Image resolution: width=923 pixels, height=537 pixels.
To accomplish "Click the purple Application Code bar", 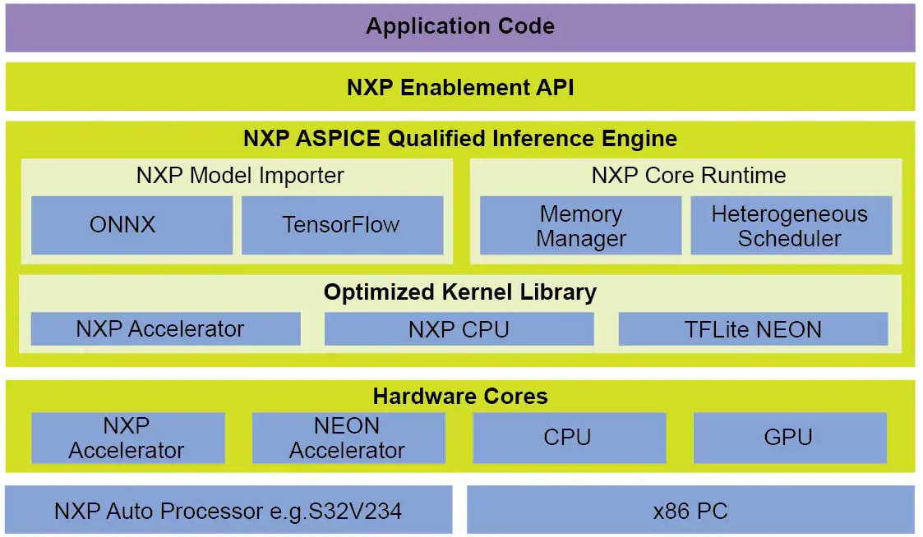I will click(460, 27).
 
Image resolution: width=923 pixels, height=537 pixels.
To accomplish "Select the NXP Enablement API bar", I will click(460, 87).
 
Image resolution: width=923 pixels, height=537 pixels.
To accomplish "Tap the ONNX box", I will click(132, 225).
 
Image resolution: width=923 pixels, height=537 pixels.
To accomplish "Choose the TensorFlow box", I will click(341, 225).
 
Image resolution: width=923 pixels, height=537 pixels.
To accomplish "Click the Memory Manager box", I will click(580, 226).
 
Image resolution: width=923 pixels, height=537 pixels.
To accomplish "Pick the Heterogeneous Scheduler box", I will click(790, 226).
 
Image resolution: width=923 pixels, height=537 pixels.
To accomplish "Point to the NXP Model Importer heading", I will click(240, 176).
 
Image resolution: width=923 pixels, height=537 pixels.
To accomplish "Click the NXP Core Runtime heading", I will click(688, 176).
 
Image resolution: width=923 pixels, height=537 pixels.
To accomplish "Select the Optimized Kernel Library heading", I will click(460, 292).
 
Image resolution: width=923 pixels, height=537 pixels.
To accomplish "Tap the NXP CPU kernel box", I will click(459, 330).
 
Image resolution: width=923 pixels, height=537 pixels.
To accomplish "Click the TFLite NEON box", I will click(752, 330).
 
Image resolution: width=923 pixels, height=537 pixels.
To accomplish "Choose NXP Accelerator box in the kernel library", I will click(165, 329).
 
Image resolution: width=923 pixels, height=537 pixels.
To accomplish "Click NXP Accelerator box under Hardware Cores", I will click(127, 438).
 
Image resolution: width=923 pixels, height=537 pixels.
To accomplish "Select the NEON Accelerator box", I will click(348, 438).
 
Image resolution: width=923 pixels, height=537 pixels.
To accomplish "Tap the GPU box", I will click(789, 438).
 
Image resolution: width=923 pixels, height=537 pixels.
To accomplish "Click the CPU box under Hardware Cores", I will click(568, 438).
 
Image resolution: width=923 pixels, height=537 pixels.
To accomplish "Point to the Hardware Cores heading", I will click(460, 397).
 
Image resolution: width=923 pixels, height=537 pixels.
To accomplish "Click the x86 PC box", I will click(690, 512).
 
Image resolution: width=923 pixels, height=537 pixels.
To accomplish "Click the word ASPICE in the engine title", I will click(344, 139).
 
